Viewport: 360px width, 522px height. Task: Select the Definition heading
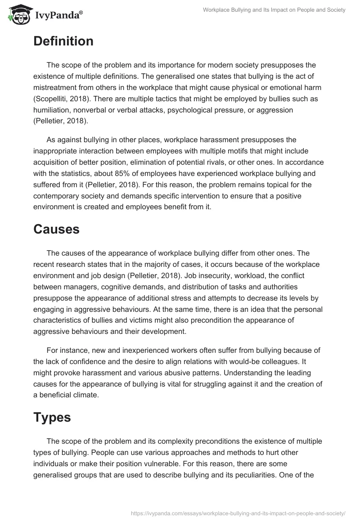point(63,41)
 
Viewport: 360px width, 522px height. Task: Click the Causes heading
point(56,229)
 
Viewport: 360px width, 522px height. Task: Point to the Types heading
point(52,417)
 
